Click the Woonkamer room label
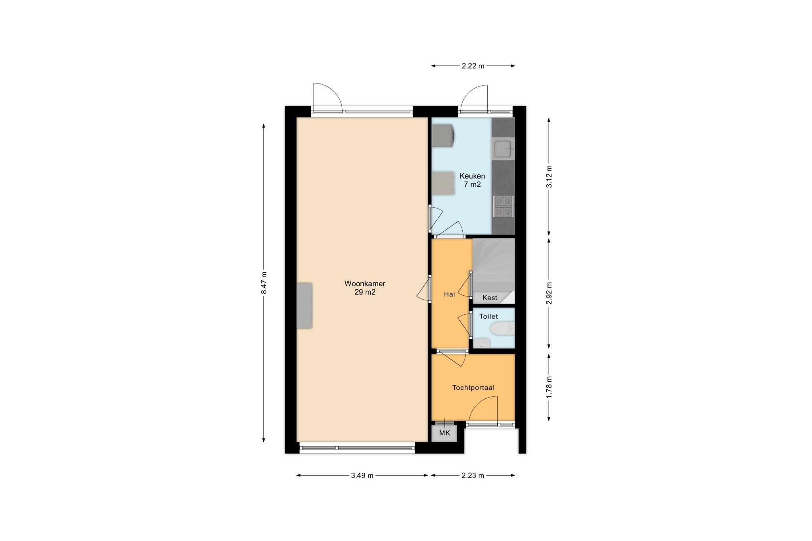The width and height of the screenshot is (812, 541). coord(365,284)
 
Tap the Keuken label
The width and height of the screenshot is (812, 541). coord(472,176)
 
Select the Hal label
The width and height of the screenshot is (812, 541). coord(449,294)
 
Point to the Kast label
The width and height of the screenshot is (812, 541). coord(490,298)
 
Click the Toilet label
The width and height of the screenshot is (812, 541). coord(488,316)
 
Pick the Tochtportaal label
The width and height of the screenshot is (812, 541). coord(473,388)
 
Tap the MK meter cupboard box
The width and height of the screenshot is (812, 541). coord(444,433)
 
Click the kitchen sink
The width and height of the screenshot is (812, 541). coord(503,149)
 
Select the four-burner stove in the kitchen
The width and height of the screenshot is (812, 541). coord(504,206)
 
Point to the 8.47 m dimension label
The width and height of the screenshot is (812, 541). coord(264,283)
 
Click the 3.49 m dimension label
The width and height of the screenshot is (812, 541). coord(362,476)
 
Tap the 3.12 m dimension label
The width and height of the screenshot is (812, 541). coord(549,176)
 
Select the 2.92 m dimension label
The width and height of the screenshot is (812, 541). coord(549,293)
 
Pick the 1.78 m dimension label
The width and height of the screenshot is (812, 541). coord(549,387)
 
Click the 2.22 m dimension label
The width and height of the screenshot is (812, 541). coord(473,66)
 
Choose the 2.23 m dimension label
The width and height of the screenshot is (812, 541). coord(473,476)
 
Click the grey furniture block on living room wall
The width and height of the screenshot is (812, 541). coord(304,305)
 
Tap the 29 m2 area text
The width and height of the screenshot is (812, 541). coord(365,292)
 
